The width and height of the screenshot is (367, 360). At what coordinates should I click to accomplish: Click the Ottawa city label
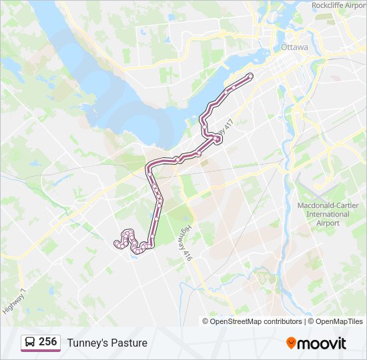point(294,47)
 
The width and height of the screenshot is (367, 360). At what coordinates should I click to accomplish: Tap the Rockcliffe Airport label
point(339,5)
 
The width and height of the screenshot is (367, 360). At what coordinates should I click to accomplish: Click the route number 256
point(47,342)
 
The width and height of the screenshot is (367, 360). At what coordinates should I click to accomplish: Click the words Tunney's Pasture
point(107,343)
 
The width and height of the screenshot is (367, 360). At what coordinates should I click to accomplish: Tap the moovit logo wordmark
point(322,343)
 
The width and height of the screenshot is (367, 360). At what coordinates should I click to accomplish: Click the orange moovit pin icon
point(292,343)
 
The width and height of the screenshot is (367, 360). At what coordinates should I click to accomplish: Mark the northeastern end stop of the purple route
point(250,75)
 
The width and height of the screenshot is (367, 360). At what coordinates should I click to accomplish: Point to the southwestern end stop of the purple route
point(117,243)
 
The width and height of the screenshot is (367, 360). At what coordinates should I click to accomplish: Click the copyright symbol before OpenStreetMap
point(206,321)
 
